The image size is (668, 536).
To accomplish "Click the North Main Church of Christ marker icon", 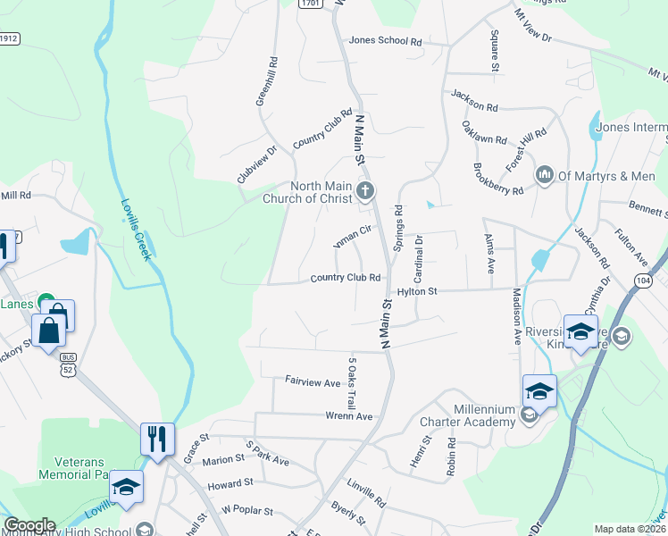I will click(x=364, y=190).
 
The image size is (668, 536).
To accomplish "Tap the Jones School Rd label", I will click(x=386, y=41).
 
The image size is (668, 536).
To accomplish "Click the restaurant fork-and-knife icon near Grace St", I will click(x=157, y=439).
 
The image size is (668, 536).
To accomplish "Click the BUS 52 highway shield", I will click(x=68, y=362).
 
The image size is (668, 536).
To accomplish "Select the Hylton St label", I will click(x=417, y=291).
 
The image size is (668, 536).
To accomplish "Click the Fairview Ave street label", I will click(x=313, y=382).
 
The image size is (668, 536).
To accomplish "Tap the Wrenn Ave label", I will click(x=349, y=416).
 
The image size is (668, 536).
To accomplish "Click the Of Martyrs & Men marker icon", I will click(x=544, y=175).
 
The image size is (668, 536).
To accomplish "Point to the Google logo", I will click(x=29, y=525).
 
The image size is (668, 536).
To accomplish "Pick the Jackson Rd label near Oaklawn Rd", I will click(x=474, y=100).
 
